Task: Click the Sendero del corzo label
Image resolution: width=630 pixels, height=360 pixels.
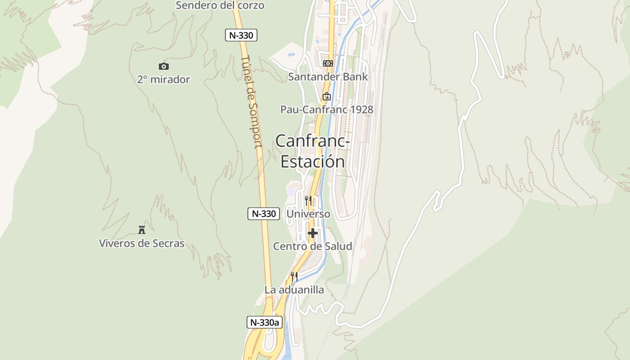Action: (220, 5)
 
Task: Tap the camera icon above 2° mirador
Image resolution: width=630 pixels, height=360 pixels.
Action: (163, 67)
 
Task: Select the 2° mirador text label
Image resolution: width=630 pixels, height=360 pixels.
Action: (163, 80)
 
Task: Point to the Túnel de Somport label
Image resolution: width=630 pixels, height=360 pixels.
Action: (251, 102)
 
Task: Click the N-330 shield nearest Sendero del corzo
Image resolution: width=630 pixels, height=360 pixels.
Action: (241, 35)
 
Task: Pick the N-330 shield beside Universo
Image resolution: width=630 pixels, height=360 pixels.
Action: (264, 214)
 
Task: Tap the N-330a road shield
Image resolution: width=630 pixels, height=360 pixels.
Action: (265, 322)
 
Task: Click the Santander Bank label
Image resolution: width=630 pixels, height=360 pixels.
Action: (328, 77)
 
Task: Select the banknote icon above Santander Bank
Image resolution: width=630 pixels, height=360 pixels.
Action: (328, 63)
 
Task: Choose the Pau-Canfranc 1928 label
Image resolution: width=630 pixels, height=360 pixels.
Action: (327, 109)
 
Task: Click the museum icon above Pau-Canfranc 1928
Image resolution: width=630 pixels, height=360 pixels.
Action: (327, 96)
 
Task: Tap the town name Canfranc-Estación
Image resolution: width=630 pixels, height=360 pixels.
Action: (313, 151)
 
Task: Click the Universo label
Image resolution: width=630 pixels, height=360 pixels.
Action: (308, 214)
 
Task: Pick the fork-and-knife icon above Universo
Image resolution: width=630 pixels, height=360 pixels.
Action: (308, 200)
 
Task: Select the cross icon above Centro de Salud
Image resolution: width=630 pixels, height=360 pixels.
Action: (313, 233)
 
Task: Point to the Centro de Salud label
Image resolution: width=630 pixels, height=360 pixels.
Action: (313, 246)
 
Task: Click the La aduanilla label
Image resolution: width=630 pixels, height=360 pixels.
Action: (294, 290)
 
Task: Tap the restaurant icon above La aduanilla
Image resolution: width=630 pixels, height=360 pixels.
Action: (294, 276)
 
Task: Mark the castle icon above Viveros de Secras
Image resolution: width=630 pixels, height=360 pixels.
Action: (142, 230)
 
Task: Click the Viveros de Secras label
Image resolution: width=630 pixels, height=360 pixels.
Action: (142, 243)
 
